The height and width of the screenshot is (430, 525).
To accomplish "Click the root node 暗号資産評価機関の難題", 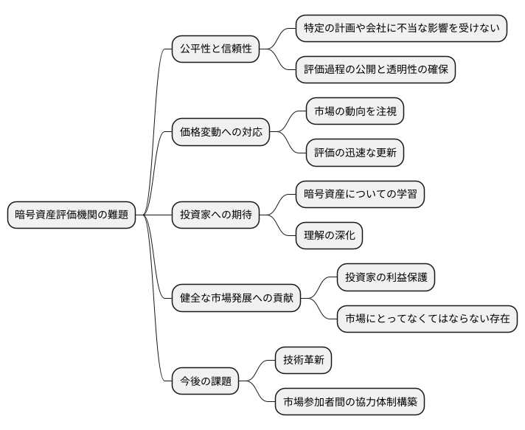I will click(72, 215).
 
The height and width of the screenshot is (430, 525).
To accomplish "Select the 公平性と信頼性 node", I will click(215, 49).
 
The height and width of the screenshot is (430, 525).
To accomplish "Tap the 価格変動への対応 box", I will click(220, 133).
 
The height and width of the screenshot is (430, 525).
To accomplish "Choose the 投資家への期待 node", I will click(215, 215).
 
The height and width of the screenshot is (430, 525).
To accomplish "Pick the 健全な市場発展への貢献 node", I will click(236, 299).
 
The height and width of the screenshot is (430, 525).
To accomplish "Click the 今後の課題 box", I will click(205, 381).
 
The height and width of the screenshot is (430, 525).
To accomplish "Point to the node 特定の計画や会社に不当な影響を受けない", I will click(401, 29).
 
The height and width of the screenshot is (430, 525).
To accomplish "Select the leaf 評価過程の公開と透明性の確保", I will click(375, 70).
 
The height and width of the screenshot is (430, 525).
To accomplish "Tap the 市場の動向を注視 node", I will click(355, 111).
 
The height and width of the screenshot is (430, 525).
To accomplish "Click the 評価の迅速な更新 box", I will click(355, 153).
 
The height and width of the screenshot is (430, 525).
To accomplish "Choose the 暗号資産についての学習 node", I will click(360, 195).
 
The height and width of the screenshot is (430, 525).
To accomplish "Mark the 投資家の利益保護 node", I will click(386, 278).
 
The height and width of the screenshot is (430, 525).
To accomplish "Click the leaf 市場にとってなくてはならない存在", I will click(427, 319).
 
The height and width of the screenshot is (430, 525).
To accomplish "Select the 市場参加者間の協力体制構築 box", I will click(350, 403).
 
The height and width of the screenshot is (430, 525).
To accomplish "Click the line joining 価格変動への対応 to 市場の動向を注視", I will click(289, 122).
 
